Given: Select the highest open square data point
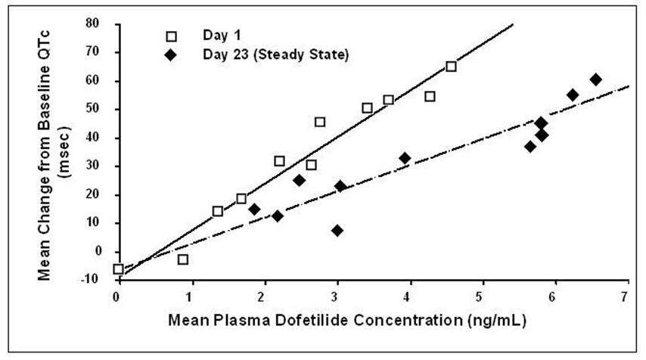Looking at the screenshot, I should pyautogui.click(x=451, y=67).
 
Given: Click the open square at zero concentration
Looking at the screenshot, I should pyautogui.click(x=118, y=268).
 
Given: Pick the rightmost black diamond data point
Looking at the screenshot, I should pyautogui.click(x=595, y=79).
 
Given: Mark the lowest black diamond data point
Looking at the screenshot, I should pyautogui.click(x=337, y=230).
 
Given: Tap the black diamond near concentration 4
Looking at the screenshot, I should pyautogui.click(x=405, y=158).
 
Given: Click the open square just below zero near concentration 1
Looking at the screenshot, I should pyautogui.click(x=182, y=259).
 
